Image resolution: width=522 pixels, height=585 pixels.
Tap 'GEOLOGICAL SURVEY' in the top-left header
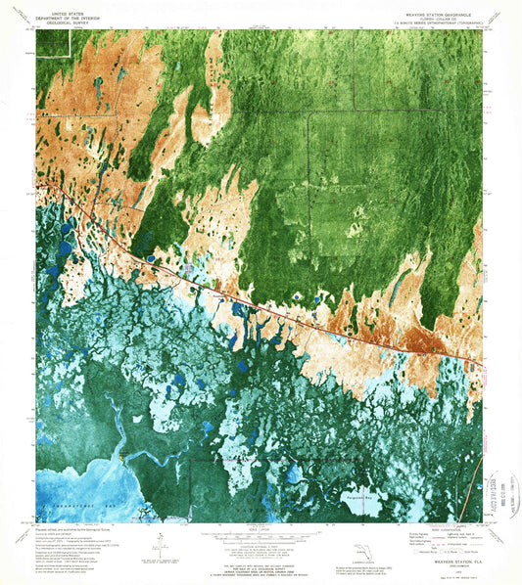click(x=59, y=22)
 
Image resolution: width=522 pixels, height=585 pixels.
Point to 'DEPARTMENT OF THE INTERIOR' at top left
click(x=59, y=15)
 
